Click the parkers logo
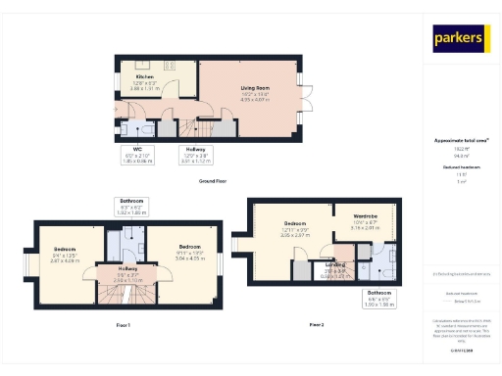[x=461, y=39]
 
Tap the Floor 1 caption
[x=123, y=324]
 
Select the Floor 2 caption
[x=317, y=323]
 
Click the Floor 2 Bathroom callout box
[x=378, y=298]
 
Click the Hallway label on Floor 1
[x=128, y=272]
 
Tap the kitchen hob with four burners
[x=168, y=65]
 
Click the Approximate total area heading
[x=461, y=141]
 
